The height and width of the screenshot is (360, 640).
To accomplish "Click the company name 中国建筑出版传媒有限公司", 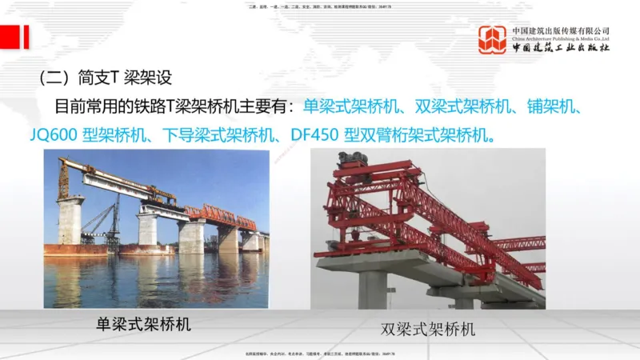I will [561, 30].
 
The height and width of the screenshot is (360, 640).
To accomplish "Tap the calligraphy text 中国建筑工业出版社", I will [561, 48].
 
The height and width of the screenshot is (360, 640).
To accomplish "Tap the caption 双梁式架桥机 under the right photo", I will [428, 329].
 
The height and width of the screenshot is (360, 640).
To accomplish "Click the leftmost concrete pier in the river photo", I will [70, 221].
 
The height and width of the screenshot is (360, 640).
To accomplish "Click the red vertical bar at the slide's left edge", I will [26, 37].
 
